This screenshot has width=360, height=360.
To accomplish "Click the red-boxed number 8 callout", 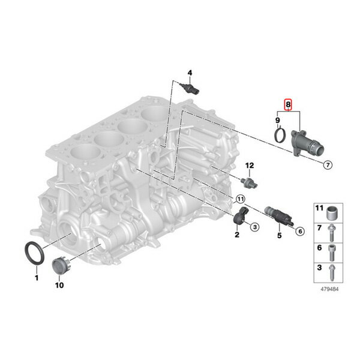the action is click(288, 104).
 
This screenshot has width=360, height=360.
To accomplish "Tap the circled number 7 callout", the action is click(328, 164).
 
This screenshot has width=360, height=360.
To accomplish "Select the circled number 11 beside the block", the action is click(240, 199).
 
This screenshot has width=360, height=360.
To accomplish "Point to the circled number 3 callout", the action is click(254, 227).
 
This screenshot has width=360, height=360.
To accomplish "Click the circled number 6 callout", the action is click(300, 231).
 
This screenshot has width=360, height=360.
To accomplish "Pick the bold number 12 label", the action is click(250, 166).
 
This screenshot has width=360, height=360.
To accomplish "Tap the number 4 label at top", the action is click(190, 73).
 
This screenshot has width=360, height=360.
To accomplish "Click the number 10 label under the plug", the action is click(59, 285).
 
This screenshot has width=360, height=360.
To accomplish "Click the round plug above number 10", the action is click(62, 266).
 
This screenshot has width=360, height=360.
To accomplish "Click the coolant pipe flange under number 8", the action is click(305, 143).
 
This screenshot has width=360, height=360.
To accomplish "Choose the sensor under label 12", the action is click(249, 182).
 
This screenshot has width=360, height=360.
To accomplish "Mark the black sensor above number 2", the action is click(241, 215).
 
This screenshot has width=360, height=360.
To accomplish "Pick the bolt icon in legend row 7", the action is click(331, 233).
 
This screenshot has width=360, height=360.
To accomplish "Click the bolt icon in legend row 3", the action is click(331, 273).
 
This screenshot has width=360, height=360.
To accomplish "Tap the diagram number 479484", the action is click(329, 289).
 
